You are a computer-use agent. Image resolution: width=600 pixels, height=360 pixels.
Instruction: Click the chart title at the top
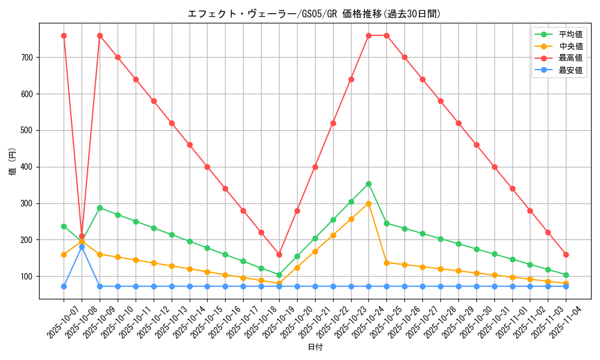point(314,14)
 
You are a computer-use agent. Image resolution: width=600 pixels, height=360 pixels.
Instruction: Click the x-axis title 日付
point(314,347)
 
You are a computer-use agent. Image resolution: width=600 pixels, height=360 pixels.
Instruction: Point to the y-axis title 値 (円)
point(13,162)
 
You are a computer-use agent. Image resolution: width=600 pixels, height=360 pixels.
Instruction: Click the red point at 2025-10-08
point(82,236)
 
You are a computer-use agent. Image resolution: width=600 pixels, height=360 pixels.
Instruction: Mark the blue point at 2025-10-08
point(82,247)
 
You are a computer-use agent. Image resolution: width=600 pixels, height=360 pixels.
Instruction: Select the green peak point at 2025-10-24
point(368,184)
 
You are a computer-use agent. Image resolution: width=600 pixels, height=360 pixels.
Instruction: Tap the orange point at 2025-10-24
point(368,203)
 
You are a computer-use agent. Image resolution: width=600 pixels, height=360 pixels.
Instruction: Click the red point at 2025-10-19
point(279,254)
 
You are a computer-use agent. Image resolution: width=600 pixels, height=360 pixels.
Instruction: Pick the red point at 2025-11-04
point(566,254)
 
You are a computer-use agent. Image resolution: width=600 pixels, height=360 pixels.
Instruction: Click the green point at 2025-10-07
point(64,226)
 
